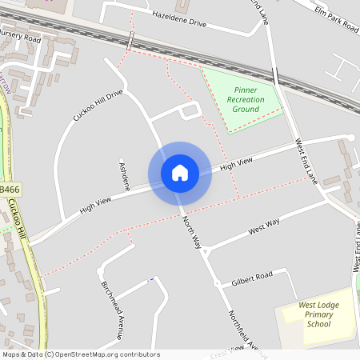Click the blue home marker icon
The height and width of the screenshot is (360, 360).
179,173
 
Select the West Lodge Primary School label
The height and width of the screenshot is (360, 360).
315,314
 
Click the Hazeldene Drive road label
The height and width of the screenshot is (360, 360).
178,19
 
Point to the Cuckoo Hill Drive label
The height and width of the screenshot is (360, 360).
98,106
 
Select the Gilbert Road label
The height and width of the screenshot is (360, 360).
252,278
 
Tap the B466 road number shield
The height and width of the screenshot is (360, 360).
10,189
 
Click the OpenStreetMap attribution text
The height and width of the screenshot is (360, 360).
81,354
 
